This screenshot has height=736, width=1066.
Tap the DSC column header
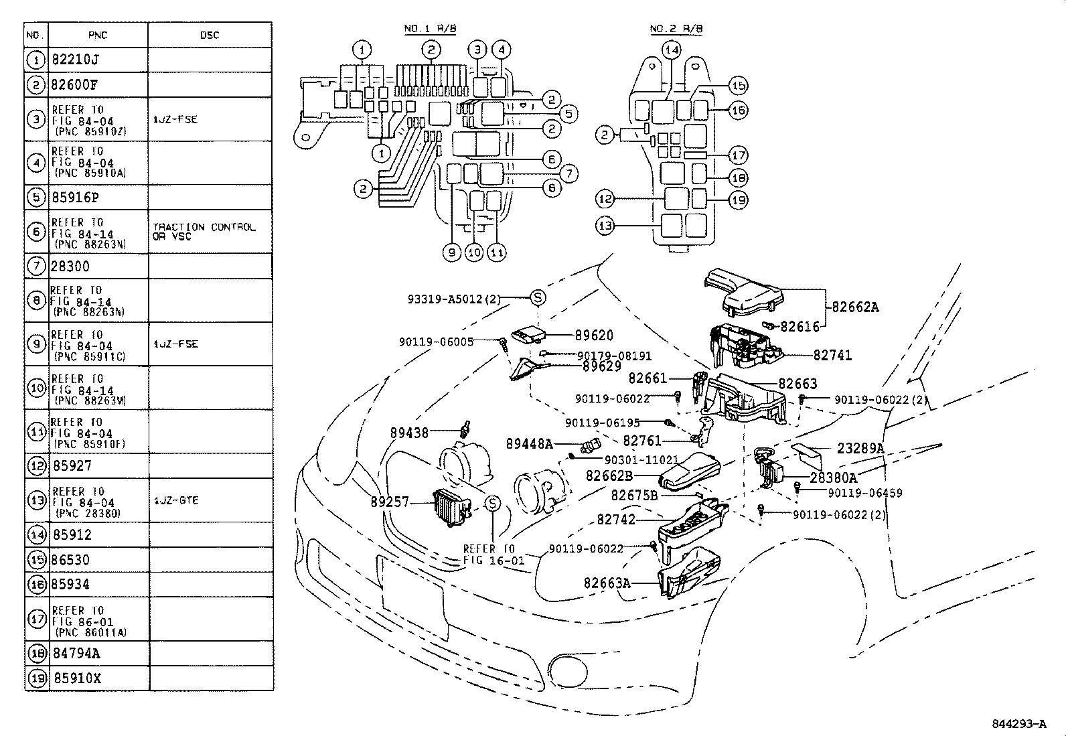(x=210, y=35)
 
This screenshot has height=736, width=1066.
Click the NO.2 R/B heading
(x=676, y=29)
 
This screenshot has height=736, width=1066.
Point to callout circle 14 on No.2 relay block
(x=672, y=50)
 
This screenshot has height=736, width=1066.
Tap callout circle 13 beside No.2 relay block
(x=605, y=226)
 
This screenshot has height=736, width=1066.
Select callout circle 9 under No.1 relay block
(x=452, y=252)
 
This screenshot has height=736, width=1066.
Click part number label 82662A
(x=855, y=307)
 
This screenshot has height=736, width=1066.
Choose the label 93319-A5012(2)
(x=454, y=299)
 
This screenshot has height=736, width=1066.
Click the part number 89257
(x=390, y=502)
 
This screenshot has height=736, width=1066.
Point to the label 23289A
(x=860, y=449)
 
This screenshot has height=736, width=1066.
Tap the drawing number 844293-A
(x=1018, y=724)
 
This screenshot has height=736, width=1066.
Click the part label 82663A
(x=607, y=583)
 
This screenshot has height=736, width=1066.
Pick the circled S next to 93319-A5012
(x=538, y=298)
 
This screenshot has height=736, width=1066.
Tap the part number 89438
(x=409, y=433)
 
